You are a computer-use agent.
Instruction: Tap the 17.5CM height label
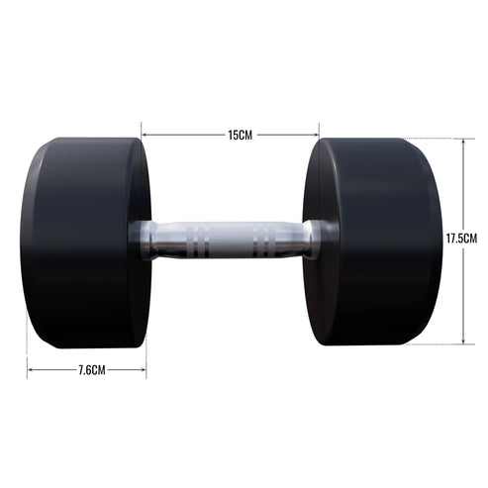(462, 239)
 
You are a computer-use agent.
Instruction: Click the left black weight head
(84, 243)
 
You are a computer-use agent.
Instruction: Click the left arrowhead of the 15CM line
(145, 134)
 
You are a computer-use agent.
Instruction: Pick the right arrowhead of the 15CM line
(316, 134)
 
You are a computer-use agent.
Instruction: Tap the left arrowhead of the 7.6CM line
(31, 370)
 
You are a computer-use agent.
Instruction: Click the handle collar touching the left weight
(144, 240)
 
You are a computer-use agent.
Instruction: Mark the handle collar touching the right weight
(314, 240)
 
